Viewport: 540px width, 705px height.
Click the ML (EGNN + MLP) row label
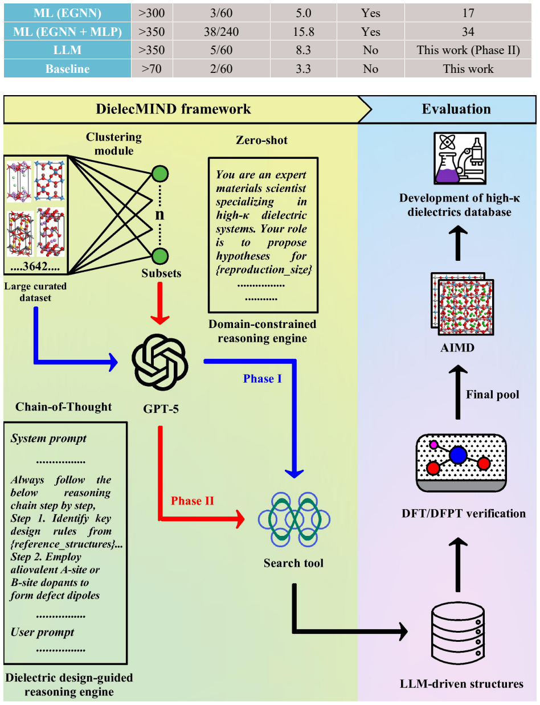click(x=67, y=31)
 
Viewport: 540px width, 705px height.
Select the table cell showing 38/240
click(x=222, y=31)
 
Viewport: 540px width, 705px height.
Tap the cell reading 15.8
click(x=304, y=31)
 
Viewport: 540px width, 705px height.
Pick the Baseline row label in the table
click(x=67, y=69)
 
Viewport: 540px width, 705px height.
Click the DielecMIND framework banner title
click(x=173, y=109)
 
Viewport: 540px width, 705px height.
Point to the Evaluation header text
click(x=456, y=109)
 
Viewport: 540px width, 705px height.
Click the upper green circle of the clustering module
click(x=160, y=174)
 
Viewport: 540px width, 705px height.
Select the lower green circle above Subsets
click(x=160, y=256)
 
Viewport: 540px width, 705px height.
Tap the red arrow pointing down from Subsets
click(x=159, y=303)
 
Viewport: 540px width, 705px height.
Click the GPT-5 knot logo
click(x=159, y=362)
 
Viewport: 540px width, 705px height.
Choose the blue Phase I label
click(x=262, y=378)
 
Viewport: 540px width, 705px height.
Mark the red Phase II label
click(x=192, y=501)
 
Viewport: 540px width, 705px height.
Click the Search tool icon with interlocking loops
click(x=294, y=519)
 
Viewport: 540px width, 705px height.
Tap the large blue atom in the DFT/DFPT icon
click(x=458, y=455)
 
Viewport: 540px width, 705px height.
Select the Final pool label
click(x=492, y=394)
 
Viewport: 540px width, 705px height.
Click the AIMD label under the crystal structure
click(x=457, y=348)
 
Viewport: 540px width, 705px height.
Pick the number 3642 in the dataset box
click(x=35, y=266)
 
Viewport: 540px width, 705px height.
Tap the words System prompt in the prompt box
click(x=48, y=438)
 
